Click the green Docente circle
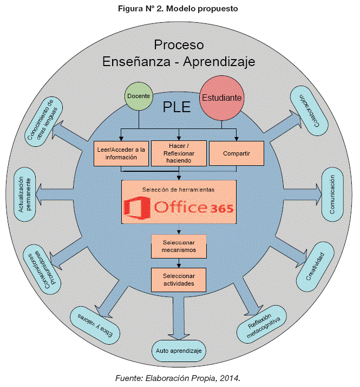(138, 96)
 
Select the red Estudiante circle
(221, 98)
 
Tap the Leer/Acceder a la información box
(121, 153)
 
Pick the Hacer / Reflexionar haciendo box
(179, 153)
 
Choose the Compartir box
(237, 153)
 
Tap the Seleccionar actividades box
(179, 279)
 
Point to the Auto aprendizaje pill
(179, 351)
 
